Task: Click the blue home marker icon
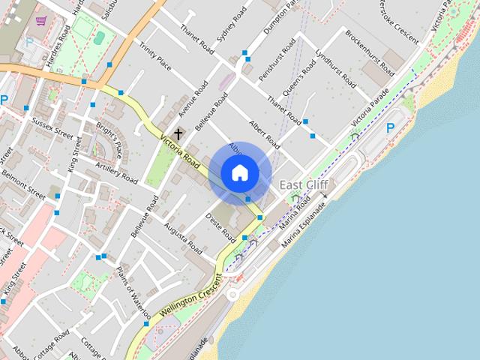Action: [x=240, y=173]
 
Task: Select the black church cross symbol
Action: [x=178, y=133]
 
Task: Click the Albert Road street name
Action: [x=265, y=134]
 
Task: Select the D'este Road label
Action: [x=221, y=226]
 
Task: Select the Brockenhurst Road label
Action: [x=370, y=52]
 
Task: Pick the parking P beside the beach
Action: [x=390, y=128]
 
